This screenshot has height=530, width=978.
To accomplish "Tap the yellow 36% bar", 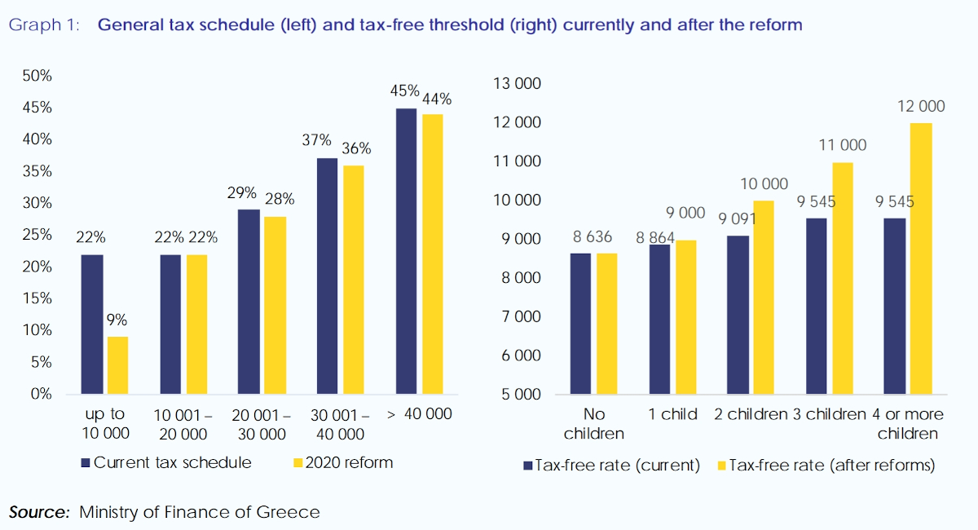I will pos(354,280).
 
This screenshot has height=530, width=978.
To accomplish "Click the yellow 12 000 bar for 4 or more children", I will pos(921,258).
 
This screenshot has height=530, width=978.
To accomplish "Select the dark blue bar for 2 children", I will pos(738,315).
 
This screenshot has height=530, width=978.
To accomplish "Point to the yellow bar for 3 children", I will pos(843,278).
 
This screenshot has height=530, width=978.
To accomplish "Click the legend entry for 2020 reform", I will pos(342,463).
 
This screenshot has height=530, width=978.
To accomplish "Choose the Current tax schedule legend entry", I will pos(167,463).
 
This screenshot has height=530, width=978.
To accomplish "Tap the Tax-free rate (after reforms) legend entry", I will pos(824,466).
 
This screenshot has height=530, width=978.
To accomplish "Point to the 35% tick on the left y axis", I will pos(36,171).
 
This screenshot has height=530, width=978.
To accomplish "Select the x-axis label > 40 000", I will pos(419,415).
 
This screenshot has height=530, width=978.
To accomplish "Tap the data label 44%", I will pos(436,99).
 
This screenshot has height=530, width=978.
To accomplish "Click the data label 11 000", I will pos(844,146).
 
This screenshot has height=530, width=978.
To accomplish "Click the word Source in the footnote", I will pos(39,512).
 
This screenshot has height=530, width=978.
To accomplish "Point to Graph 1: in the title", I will pos(45,25).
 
